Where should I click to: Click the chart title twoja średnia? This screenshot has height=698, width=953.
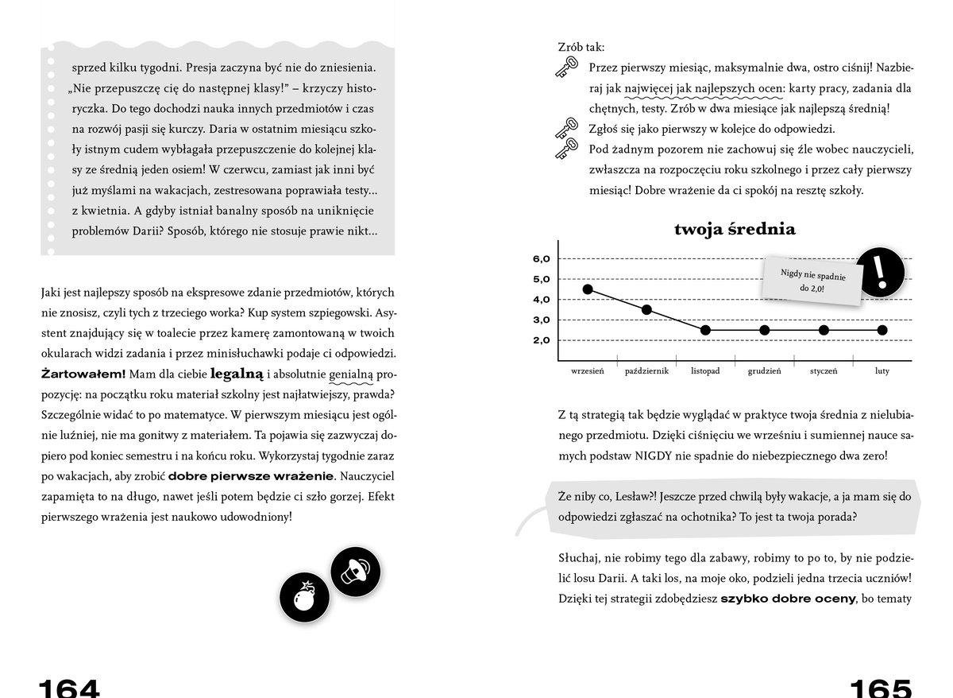[735, 230]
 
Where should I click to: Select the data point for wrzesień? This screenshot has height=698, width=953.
[588, 289]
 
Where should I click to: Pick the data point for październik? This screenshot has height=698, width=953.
[646, 309]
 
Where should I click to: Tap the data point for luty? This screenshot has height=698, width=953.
[882, 330]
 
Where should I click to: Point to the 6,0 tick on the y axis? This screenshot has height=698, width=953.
[541, 259]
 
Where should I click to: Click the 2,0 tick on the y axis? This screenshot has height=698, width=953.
[541, 340]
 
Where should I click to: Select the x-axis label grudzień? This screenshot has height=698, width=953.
[764, 371]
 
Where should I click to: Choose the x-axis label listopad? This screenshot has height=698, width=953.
[705, 371]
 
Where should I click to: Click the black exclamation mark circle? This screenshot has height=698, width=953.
[881, 273]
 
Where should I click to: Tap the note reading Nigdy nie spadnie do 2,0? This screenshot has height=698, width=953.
[808, 281]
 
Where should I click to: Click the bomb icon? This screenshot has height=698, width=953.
[303, 598]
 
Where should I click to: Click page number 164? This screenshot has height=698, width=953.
[70, 688]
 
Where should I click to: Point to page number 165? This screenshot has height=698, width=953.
[882, 688]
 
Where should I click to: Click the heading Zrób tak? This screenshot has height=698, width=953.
[581, 48]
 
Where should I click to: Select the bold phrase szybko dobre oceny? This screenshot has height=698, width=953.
[788, 599]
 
